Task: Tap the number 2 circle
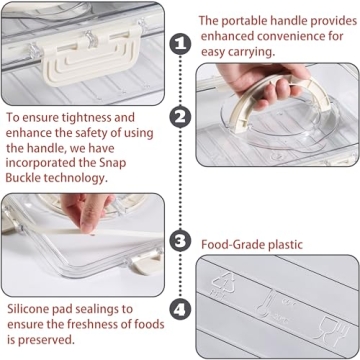click(180, 116)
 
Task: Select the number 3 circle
click(180, 241)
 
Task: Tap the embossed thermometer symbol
click(269, 299)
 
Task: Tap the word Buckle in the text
click(29, 177)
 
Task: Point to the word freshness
click(90, 324)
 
